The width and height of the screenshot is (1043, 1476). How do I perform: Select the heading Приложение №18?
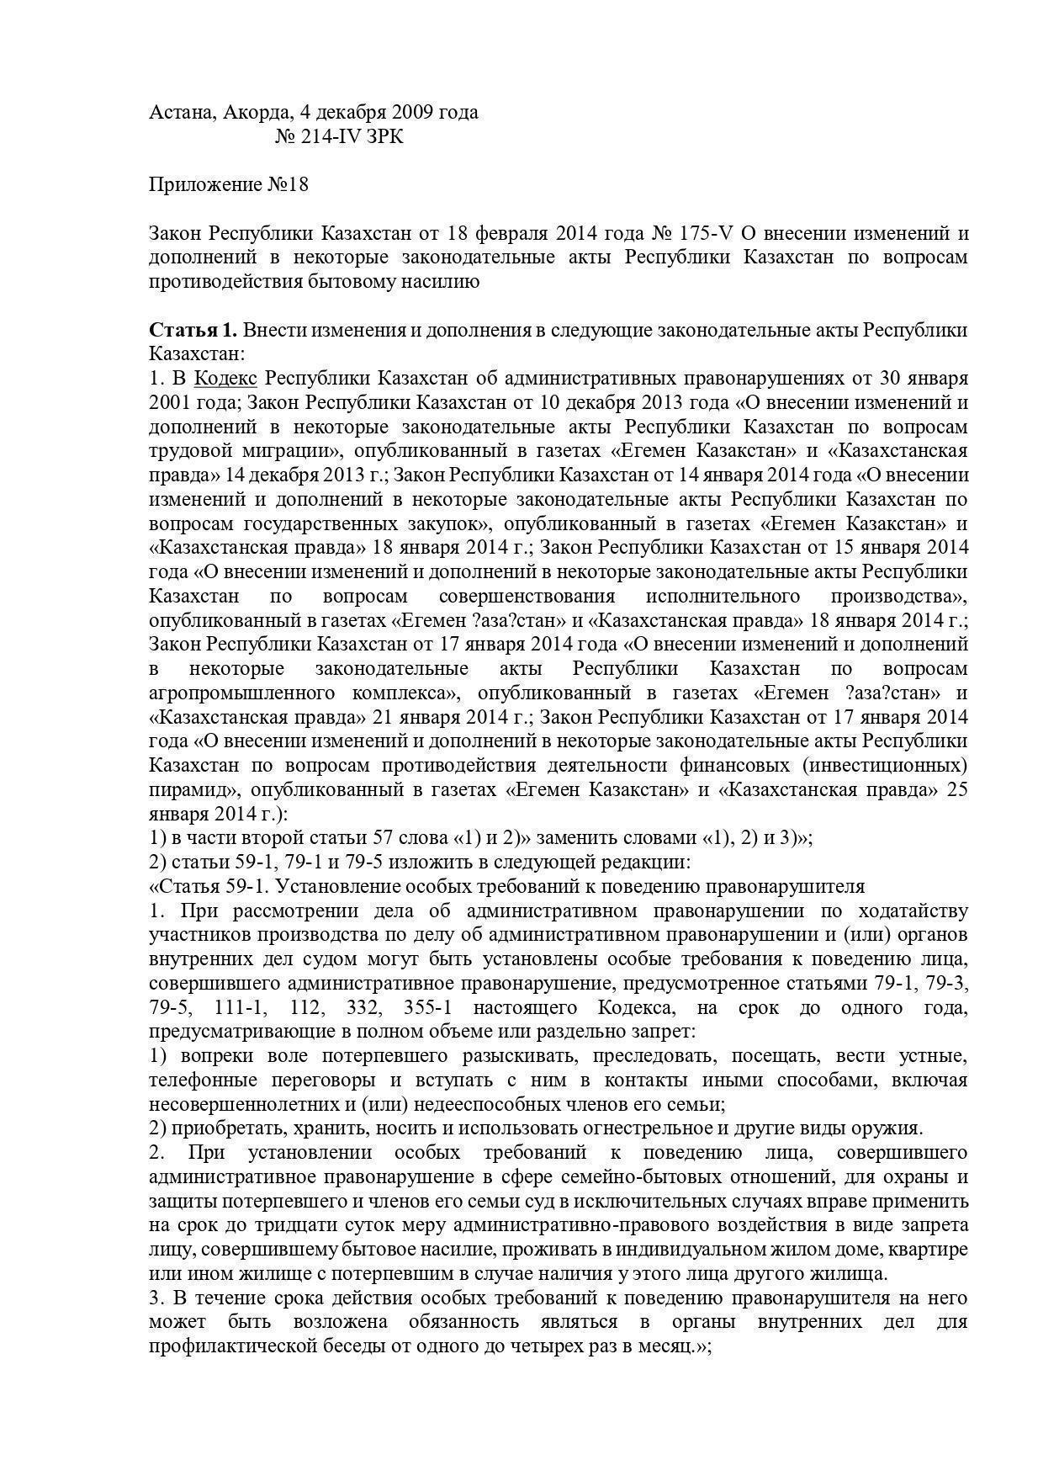(228, 184)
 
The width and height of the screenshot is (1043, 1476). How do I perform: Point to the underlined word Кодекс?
(225, 378)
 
